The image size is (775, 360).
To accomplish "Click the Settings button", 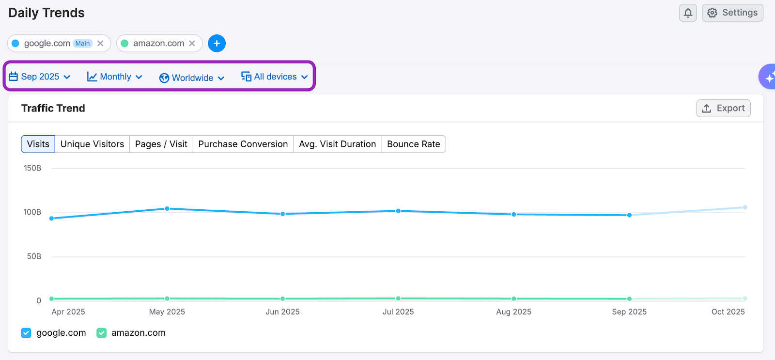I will point(732,13).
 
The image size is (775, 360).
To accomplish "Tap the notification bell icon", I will point(688,13).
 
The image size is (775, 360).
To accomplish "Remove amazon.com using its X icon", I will point(192,43).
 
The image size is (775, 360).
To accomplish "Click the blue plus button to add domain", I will point(217,43).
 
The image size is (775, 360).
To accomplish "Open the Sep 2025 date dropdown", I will point(40,77).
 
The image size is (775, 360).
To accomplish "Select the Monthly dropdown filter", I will point(115,77).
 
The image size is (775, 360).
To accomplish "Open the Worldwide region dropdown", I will point(192,78).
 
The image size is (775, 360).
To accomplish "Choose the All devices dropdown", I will point(275,77).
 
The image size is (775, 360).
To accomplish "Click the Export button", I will point(723,108).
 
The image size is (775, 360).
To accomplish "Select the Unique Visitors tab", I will point(92,144).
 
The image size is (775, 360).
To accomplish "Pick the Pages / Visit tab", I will point(161,144).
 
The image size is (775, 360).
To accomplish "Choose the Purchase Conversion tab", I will point(243,144).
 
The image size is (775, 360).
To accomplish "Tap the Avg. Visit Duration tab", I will point(337,144).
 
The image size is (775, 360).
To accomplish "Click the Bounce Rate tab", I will point(413,144).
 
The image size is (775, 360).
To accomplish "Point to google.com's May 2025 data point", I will point(167,209).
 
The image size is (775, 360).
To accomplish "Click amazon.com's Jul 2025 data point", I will point(398,298).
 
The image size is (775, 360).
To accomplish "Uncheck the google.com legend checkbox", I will point(26,333).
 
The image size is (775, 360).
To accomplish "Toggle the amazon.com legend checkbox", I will point(101,333).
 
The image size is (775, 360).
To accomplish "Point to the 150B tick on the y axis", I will point(32,168).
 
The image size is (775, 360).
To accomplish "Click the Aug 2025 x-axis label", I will point(513,312).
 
